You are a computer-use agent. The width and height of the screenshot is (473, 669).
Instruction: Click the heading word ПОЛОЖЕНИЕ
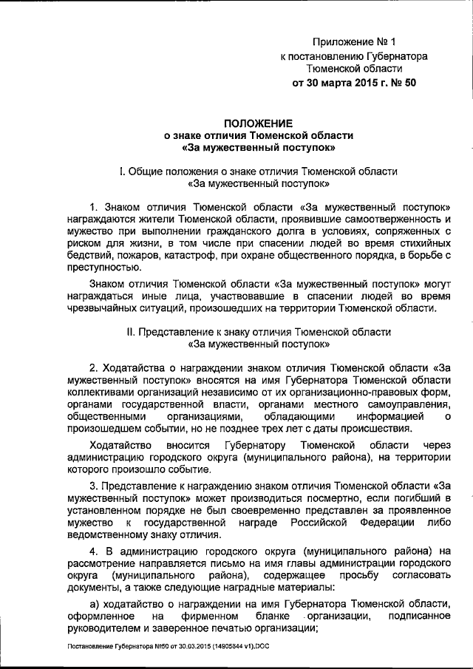click(x=259, y=123)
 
